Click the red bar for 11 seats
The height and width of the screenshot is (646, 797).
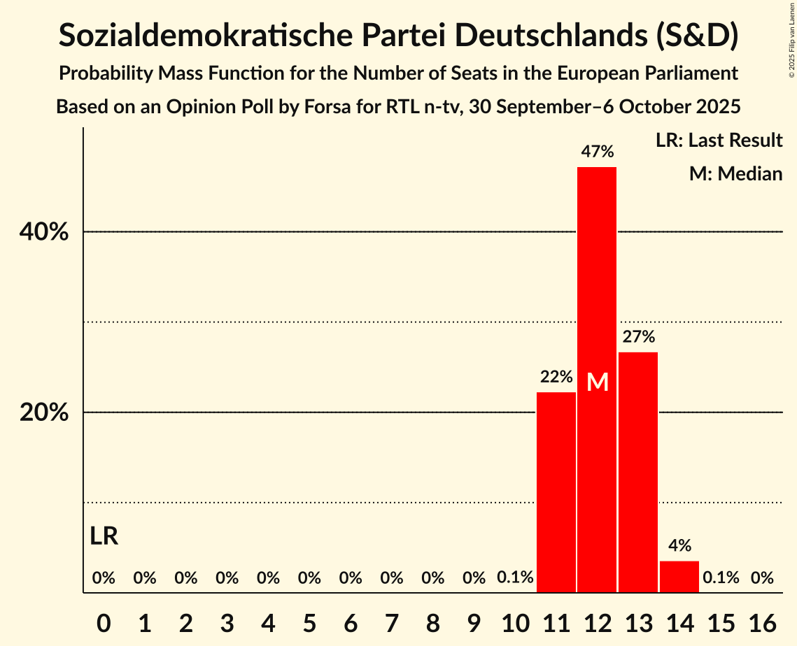coord(556,492)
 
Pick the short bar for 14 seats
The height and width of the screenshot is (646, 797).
coord(679,577)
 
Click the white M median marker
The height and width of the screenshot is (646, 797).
coord(598,382)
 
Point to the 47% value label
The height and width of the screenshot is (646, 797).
coord(597,151)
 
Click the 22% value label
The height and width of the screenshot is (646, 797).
coord(556,377)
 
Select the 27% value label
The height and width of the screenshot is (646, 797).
coord(638,336)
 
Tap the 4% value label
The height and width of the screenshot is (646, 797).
coord(679,545)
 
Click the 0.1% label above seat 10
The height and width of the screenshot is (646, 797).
coord(515,577)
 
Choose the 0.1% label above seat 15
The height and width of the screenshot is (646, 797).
coord(721,577)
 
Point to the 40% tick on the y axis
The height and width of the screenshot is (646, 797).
coord(44,232)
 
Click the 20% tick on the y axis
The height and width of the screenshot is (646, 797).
coord(44,412)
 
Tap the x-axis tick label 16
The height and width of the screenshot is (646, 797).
coord(762,621)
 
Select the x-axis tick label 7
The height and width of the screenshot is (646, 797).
coord(392,621)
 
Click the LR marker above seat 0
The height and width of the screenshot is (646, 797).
coord(104,536)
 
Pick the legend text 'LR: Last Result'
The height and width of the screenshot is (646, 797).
coord(719,141)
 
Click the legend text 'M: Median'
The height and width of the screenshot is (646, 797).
coord(735,173)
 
